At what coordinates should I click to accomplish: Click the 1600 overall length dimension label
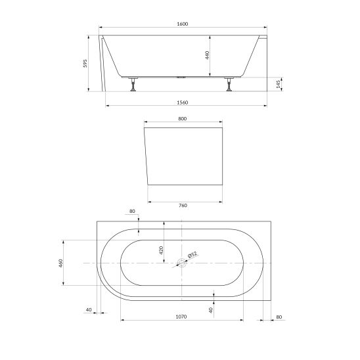click(x=183, y=24)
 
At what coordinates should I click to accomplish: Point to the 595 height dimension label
click(x=85, y=63)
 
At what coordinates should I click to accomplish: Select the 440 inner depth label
click(x=207, y=55)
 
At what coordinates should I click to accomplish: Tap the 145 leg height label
click(x=279, y=84)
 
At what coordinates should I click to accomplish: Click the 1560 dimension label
click(x=182, y=102)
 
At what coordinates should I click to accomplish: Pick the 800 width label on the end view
click(x=183, y=119)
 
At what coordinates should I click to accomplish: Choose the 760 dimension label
click(x=183, y=206)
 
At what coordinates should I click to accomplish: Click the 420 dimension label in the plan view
click(x=161, y=250)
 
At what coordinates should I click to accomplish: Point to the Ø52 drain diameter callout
click(x=192, y=254)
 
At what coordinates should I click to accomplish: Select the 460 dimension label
click(x=60, y=263)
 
